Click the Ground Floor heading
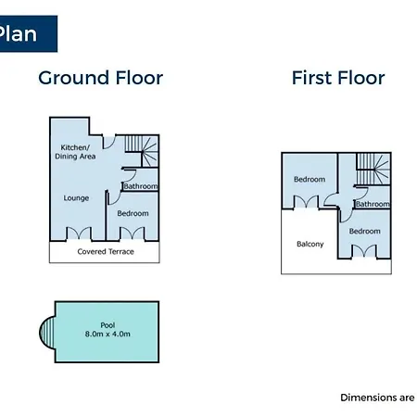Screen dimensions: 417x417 [x=101, y=78]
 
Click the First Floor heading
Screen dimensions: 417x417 [x=338, y=78]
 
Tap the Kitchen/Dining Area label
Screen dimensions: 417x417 [x=75, y=152]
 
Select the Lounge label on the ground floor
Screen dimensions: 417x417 [x=76, y=198]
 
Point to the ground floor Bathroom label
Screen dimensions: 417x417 [x=141, y=186]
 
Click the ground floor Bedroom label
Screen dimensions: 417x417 [x=133, y=213]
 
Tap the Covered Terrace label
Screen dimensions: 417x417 [x=106, y=252]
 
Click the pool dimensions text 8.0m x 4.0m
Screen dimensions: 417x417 [x=107, y=334]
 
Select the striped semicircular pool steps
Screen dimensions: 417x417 [x=47, y=332]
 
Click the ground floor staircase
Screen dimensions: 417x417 [x=142, y=151]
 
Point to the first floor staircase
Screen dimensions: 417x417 [x=373, y=169]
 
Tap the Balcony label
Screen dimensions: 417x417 [x=310, y=244]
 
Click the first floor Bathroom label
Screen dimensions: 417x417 [x=373, y=204]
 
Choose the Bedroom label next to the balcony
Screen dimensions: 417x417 [x=365, y=232]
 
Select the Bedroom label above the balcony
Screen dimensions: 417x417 [x=310, y=180]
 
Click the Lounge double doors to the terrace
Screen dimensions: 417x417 [x=79, y=234]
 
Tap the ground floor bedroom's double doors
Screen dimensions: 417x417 [x=132, y=234]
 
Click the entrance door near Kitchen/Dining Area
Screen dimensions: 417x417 [x=108, y=142]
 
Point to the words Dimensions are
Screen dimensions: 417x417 [x=377, y=398]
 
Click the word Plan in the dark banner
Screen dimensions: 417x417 [x=18, y=33]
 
